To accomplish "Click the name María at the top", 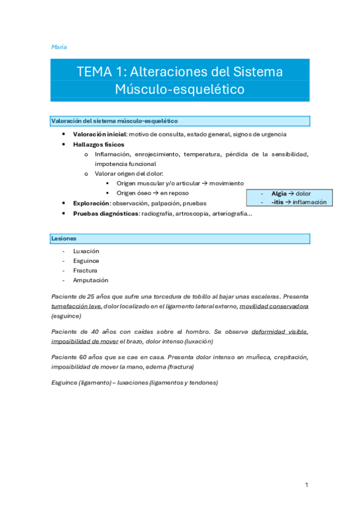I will [x=59, y=46].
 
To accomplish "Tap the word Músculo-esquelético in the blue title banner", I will [x=180, y=90].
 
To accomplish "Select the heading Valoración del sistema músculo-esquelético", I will [x=114, y=121].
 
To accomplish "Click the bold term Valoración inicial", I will [x=99, y=134].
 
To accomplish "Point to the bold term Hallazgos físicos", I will [x=99, y=144].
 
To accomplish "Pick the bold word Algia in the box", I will [x=279, y=194].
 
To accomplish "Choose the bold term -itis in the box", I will [x=277, y=202].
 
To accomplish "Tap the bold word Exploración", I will [x=90, y=203].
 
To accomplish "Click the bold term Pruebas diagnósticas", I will [x=105, y=214].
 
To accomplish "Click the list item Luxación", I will [x=86, y=251].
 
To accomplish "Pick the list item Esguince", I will [x=86, y=261].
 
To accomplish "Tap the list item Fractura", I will [x=85, y=271].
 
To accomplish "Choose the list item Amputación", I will [x=90, y=280].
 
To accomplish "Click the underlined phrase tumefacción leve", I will [x=76, y=306].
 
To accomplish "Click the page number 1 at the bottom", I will [x=306, y=485].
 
